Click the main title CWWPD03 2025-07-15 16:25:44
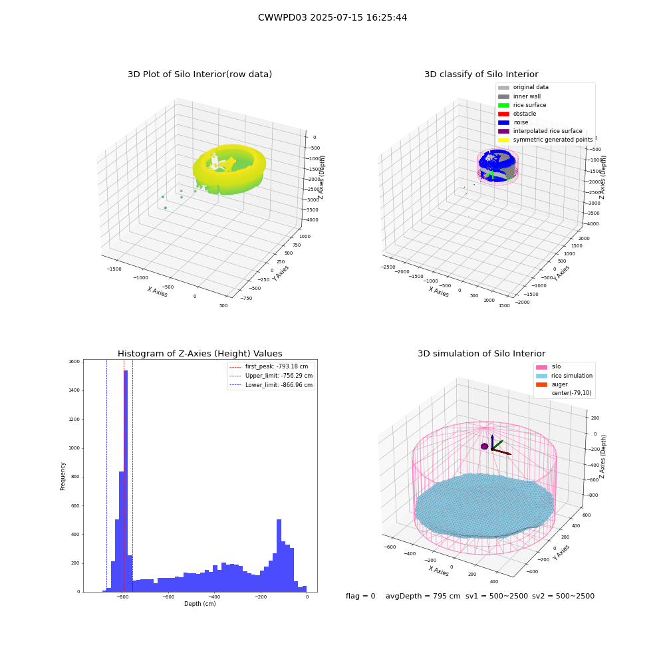[x=332, y=17]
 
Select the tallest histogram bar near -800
[x=126, y=481]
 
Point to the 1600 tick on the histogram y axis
[x=74, y=362]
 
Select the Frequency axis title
[x=63, y=476]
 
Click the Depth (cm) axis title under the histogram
[x=199, y=604]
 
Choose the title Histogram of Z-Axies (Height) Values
[x=199, y=353]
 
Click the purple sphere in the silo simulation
[x=484, y=446]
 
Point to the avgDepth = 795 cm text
[x=423, y=596]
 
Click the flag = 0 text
[x=360, y=596]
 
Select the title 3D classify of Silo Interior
[x=481, y=74]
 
